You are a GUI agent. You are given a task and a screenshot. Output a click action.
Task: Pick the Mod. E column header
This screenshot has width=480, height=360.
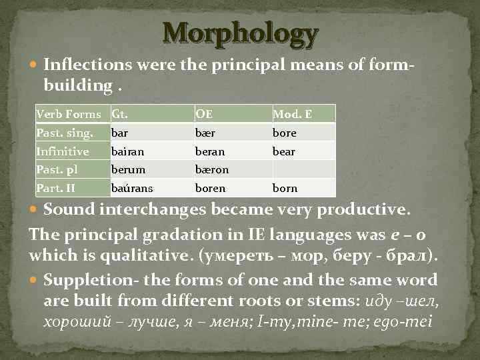[x=292, y=114]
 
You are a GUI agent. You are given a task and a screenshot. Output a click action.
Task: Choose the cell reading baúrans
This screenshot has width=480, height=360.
[x=130, y=188]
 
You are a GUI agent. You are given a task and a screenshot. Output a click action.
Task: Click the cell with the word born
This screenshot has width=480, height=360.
[x=285, y=188]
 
